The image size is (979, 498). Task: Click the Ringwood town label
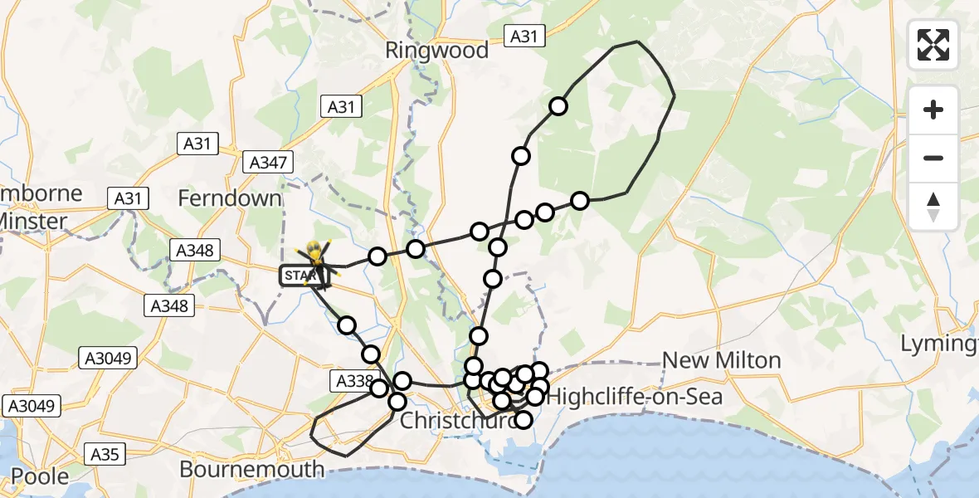click(437, 51)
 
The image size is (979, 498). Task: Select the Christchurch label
click(448, 421)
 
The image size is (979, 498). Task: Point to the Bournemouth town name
click(252, 469)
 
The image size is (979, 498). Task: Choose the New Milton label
click(722, 360)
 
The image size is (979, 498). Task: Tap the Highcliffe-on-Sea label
click(635, 397)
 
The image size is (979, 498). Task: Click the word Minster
click(33, 221)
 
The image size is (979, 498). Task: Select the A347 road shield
click(268, 162)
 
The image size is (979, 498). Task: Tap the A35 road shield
click(105, 454)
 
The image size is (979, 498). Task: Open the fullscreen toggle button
click(933, 45)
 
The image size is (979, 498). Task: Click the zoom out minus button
click(933, 158)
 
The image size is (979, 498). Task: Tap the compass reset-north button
click(933, 207)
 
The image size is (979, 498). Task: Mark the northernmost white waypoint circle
click(558, 106)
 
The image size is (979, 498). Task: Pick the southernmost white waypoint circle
click(523, 420)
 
